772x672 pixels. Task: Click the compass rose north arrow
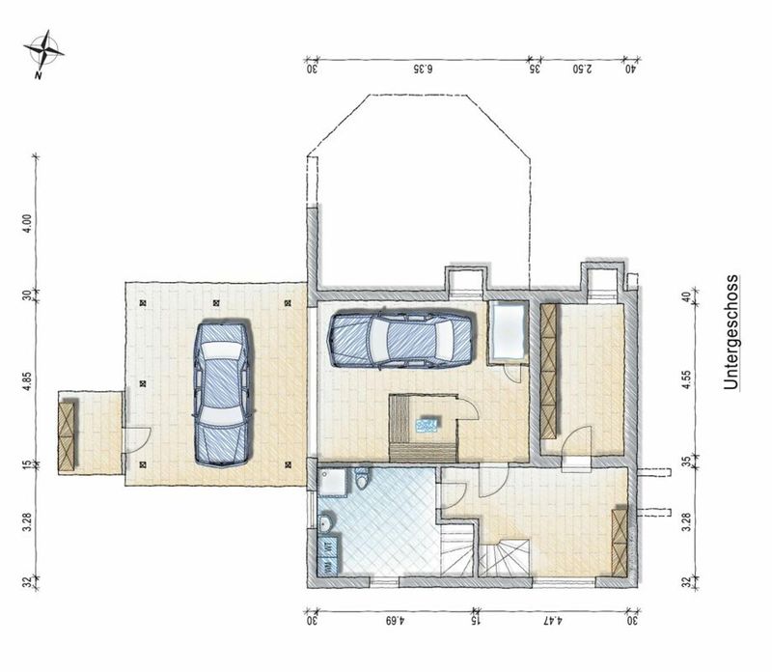pos(44,53)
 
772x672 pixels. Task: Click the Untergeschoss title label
pos(731,332)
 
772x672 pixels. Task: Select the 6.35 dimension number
pos(424,69)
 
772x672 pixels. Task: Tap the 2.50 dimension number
pos(583,69)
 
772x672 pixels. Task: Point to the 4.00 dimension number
pos(28,223)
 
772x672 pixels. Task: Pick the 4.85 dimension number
pos(28,381)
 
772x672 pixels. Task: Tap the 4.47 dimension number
pos(553,620)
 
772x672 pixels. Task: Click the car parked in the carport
pos(223,395)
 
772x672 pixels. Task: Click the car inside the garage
pos(400,340)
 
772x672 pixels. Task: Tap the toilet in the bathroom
pos(362,478)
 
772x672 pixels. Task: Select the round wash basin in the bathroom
pos(326,522)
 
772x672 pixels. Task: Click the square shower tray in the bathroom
pos(333,482)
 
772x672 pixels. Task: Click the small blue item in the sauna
pos(427,424)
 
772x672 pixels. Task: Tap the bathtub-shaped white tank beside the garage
pos(508,332)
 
